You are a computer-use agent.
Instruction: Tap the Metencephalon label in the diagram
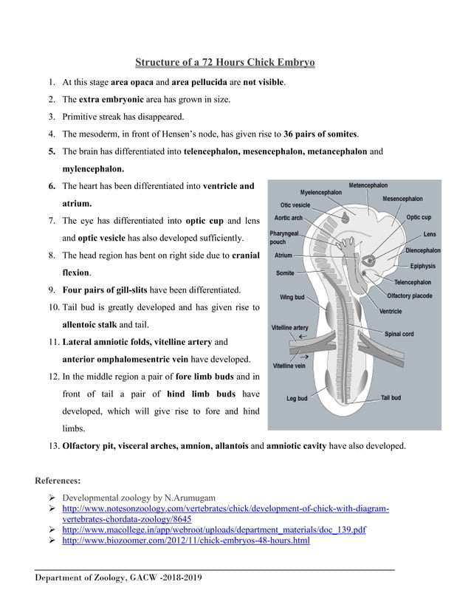tap(368, 185)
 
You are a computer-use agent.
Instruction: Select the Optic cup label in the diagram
tap(419, 218)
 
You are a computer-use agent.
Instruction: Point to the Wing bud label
tap(291, 298)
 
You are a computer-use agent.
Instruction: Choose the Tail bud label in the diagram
tap(391, 397)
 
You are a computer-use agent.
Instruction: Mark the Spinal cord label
tap(399, 334)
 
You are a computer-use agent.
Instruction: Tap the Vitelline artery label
tap(290, 326)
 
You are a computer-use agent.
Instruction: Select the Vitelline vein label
tap(289, 366)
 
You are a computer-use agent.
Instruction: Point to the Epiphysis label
tap(424, 266)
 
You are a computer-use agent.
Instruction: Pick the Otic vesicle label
tap(295, 205)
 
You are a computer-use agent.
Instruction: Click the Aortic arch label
tap(288, 218)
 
